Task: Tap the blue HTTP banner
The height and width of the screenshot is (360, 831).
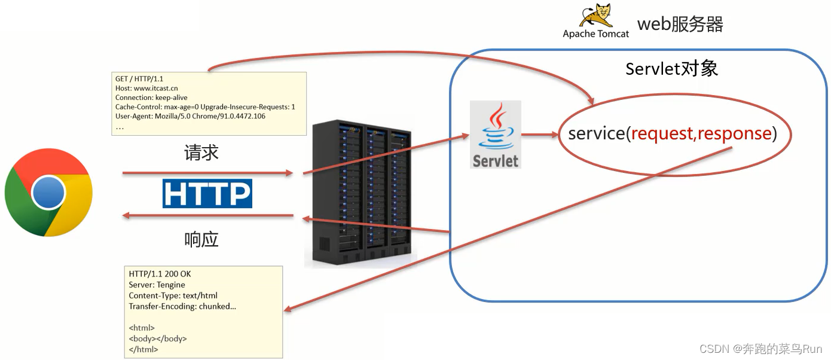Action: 207,194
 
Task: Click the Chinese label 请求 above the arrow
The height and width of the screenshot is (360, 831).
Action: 201,152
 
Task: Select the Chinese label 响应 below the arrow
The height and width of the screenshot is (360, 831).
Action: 201,239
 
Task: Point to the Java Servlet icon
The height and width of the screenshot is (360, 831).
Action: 495,135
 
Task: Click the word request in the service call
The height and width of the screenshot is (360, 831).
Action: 662,133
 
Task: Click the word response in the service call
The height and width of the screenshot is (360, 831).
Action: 734,133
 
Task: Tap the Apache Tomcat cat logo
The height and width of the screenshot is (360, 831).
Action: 597,16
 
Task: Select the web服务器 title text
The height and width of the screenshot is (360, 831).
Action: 680,25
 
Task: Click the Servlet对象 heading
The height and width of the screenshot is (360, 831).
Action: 671,69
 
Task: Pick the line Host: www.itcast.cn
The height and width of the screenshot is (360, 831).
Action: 146,89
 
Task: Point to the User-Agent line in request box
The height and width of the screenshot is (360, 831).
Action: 190,116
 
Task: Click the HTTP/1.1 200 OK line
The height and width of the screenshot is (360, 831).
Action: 160,274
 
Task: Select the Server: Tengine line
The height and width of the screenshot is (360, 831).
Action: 157,285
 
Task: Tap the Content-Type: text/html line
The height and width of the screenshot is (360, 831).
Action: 173,295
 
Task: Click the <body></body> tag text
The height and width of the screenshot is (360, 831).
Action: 158,338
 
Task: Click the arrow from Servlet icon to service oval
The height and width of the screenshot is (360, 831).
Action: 540,135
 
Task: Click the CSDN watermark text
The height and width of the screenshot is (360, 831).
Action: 760,349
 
